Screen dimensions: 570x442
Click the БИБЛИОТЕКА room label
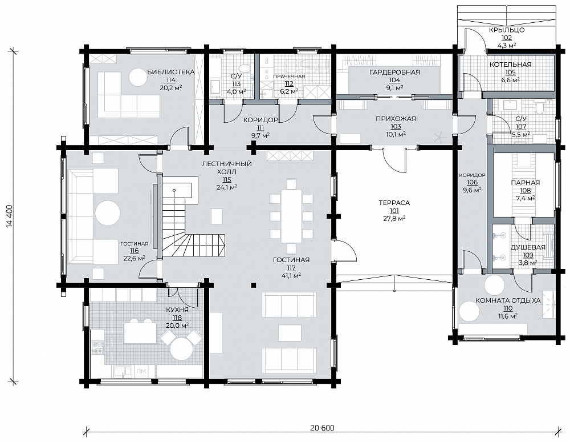[x=171, y=72]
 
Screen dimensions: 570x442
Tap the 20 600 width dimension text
[x=322, y=428]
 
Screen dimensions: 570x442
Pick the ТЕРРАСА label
[x=394, y=203]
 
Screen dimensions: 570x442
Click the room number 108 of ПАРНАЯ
[x=526, y=190]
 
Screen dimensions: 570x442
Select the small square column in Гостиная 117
[x=254, y=285]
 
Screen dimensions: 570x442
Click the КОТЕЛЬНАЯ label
[x=510, y=65]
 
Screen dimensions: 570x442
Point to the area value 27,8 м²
[x=394, y=218]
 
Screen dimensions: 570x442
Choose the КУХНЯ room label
[x=177, y=310]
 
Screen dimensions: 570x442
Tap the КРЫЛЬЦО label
[x=507, y=30]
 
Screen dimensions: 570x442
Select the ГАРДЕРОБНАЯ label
[x=394, y=72]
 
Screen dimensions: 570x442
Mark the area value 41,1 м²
[x=291, y=276]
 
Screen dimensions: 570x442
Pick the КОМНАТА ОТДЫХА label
[x=508, y=301]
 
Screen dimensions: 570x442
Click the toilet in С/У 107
[x=539, y=106]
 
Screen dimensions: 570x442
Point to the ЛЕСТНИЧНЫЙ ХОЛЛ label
[x=227, y=167]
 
